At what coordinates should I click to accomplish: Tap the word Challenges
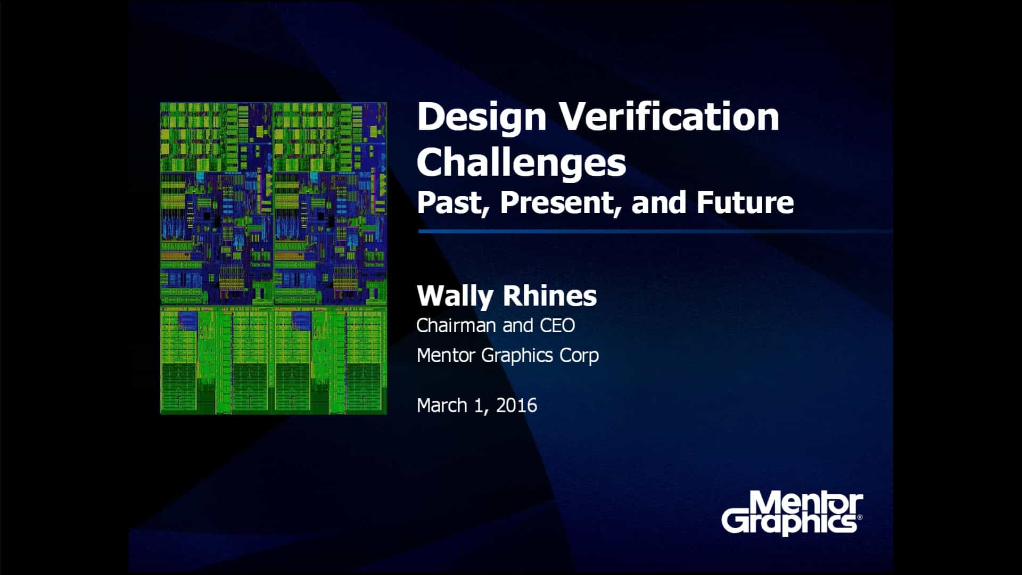tap(521, 162)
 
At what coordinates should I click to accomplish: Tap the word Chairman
tap(457, 325)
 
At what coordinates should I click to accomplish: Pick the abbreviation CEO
tap(557, 325)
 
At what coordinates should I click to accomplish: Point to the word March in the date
tap(442, 406)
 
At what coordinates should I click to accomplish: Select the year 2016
tap(516, 406)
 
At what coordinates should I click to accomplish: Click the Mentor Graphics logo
tap(792, 514)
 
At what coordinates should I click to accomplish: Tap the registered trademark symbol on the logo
tap(860, 517)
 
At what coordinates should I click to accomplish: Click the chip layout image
tap(274, 259)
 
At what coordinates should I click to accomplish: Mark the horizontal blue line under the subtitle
tap(655, 232)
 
